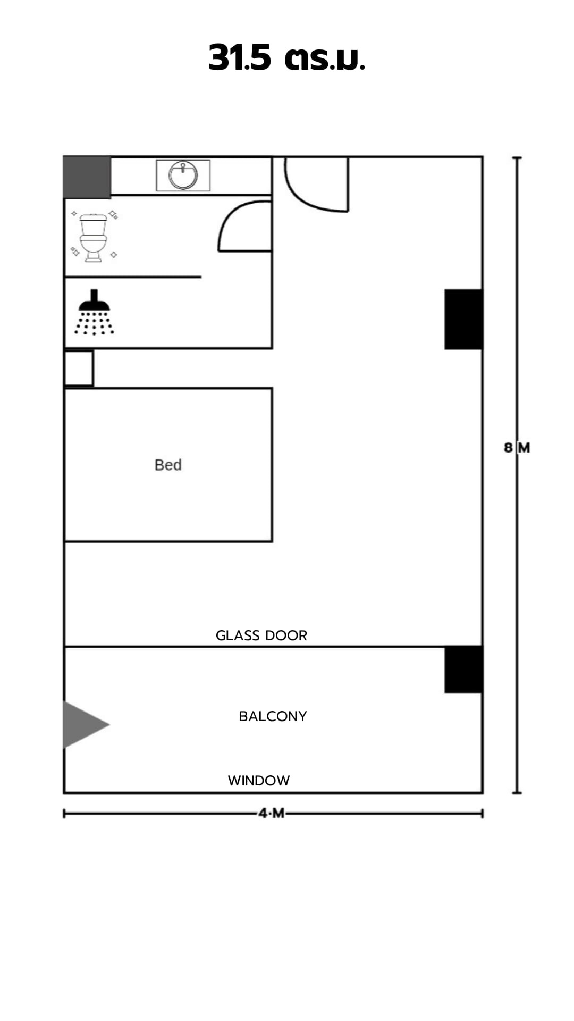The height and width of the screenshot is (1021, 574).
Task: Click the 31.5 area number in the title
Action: pyautogui.click(x=240, y=57)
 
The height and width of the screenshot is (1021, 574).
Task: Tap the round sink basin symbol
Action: pyautogui.click(x=183, y=175)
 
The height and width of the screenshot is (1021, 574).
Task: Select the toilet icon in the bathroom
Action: pyautogui.click(x=94, y=237)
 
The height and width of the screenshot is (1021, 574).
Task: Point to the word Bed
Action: pyautogui.click(x=168, y=465)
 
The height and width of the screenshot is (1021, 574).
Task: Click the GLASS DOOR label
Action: pyautogui.click(x=261, y=635)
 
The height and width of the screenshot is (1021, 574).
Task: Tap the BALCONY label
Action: pyautogui.click(x=273, y=716)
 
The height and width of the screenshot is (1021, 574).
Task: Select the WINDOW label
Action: pyautogui.click(x=259, y=781)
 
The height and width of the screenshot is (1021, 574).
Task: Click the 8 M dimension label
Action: pyautogui.click(x=517, y=448)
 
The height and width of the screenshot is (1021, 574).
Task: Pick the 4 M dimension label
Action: pyautogui.click(x=272, y=814)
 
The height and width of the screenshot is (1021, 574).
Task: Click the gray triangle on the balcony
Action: pyautogui.click(x=85, y=724)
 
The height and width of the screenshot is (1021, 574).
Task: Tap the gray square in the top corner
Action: pyautogui.click(x=87, y=177)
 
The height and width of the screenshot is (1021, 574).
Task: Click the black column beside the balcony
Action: pyautogui.click(x=463, y=669)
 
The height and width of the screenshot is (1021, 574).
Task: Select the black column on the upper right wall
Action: pyautogui.click(x=463, y=319)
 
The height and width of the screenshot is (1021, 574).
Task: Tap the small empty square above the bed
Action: pyautogui.click(x=79, y=368)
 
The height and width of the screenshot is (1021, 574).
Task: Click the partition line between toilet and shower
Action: pyautogui.click(x=133, y=277)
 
